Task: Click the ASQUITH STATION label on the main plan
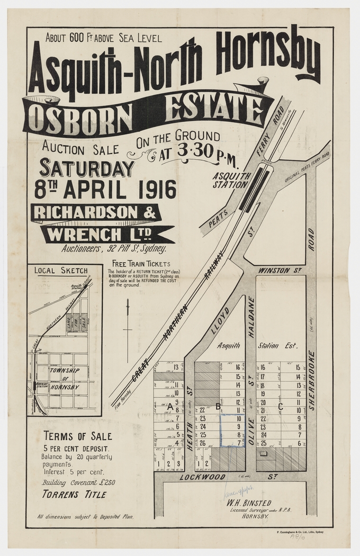pos(230,181)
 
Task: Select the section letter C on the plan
pos(281,406)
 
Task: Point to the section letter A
pos(169,406)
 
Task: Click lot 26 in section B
pos(202,443)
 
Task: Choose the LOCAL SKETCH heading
pos(60,270)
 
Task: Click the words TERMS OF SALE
pos(77,436)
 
